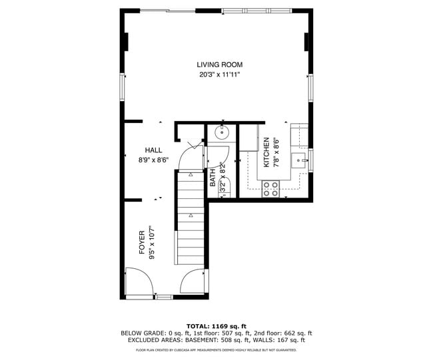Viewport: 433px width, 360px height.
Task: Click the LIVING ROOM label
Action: click(x=219, y=65)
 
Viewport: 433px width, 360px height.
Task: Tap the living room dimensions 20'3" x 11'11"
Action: click(x=219, y=75)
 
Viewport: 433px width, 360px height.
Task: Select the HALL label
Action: click(x=153, y=150)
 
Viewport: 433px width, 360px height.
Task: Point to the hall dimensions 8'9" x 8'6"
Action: click(x=153, y=160)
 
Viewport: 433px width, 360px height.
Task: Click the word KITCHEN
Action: click(x=266, y=152)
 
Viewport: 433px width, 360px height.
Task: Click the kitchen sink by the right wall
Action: click(x=301, y=159)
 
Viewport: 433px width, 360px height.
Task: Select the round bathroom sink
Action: click(x=222, y=132)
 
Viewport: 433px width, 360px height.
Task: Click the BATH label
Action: click(x=213, y=176)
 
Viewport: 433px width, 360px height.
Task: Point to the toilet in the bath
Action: click(x=224, y=186)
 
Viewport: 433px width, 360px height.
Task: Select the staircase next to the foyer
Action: click(x=191, y=220)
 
